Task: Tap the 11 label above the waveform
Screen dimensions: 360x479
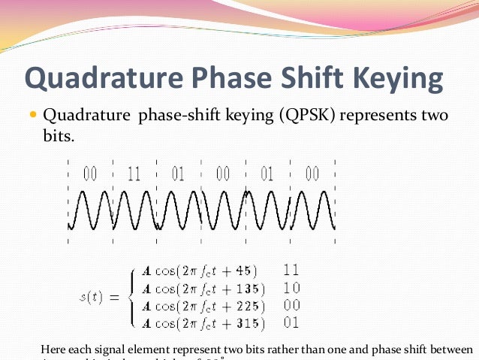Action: tap(134, 174)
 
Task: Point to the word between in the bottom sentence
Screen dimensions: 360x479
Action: tap(448, 350)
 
